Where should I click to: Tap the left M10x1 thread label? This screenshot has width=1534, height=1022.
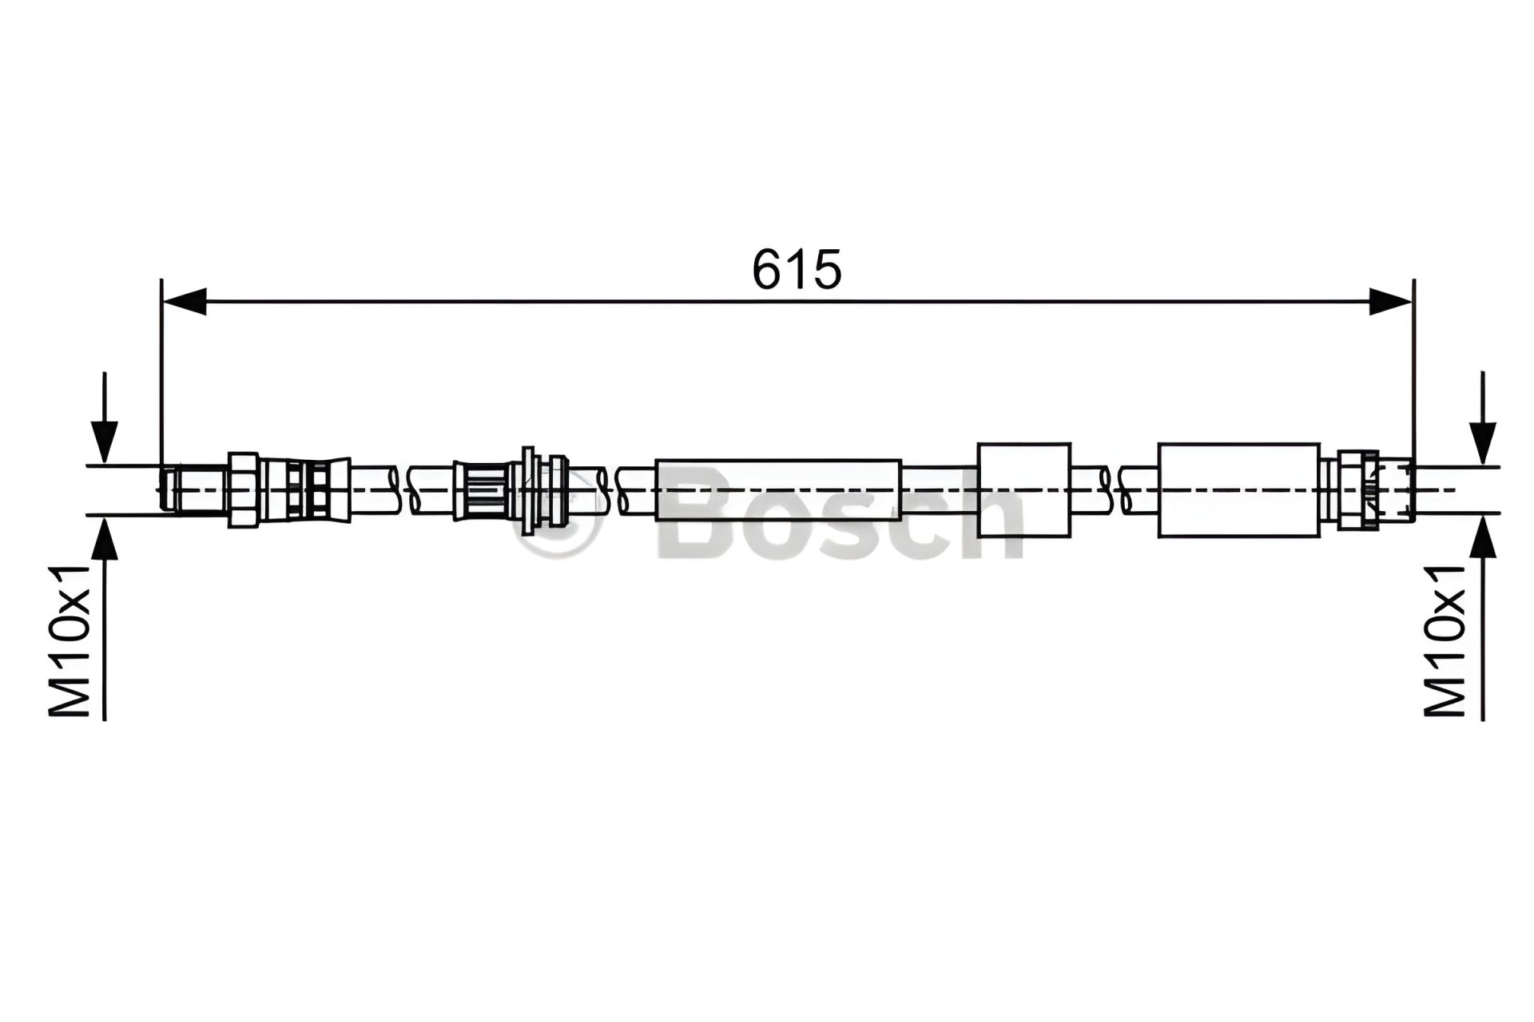point(70,641)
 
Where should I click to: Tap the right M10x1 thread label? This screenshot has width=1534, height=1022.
point(1445,641)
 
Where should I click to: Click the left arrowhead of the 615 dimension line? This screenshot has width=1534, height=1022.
point(185,302)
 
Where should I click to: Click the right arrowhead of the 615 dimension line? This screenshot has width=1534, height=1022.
point(1389,302)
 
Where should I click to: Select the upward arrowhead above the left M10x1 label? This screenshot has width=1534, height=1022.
point(105,539)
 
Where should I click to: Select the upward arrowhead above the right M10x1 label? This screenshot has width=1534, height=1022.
point(1483,539)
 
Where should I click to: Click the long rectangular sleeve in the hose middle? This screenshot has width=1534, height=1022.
point(778,489)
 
